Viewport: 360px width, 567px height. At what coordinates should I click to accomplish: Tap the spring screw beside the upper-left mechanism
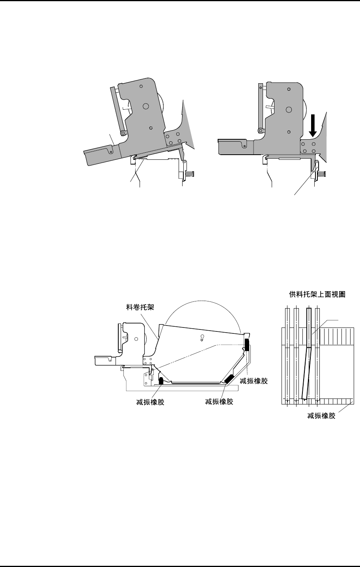[192, 174]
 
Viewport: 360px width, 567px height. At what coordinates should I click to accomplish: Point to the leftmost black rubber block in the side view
[161, 381]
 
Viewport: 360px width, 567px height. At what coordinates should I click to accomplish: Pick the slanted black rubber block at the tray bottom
[229, 378]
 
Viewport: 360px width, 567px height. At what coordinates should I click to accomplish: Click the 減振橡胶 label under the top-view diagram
[321, 416]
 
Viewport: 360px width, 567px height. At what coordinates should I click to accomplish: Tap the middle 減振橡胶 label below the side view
[219, 402]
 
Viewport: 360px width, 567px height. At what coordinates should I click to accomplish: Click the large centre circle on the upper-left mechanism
[146, 106]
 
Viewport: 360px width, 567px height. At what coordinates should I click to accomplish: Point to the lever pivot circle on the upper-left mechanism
[123, 133]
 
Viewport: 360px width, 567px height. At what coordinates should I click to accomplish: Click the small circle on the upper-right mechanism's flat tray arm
[245, 145]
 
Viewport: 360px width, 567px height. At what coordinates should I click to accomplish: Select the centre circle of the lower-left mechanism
[136, 339]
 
